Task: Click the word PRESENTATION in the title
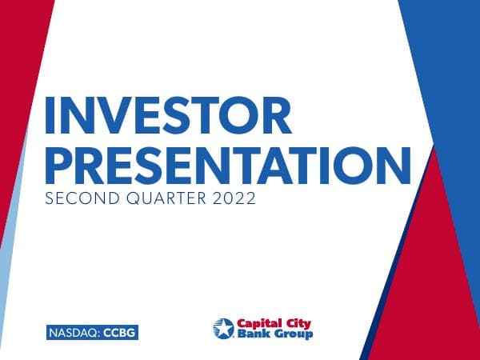click(x=227, y=163)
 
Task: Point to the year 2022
click(x=234, y=198)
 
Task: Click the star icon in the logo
click(x=222, y=328)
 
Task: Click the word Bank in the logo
click(x=250, y=334)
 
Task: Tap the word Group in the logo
click(x=290, y=334)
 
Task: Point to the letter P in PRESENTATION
click(x=59, y=163)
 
